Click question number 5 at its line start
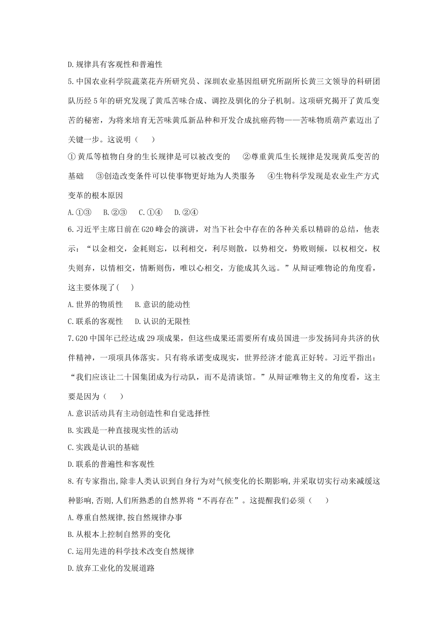click(x=71, y=82)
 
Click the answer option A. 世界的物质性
click(x=95, y=304)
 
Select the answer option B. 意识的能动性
click(x=162, y=304)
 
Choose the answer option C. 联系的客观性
click(x=95, y=321)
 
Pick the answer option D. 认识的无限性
click(x=162, y=321)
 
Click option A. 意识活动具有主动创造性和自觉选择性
click(x=139, y=413)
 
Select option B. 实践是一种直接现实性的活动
click(x=123, y=430)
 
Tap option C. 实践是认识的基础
click(x=103, y=447)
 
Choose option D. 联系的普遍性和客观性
click(x=111, y=464)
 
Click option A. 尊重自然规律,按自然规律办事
click(x=125, y=517)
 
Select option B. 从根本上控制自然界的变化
click(x=119, y=534)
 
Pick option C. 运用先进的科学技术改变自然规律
click(x=131, y=551)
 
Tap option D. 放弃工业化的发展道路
click(x=111, y=568)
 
